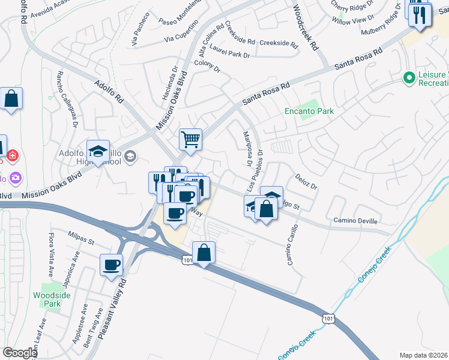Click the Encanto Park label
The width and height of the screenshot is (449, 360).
click(309, 111)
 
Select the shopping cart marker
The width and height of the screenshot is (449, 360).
click(190, 139)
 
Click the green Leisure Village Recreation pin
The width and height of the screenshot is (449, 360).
click(409, 77)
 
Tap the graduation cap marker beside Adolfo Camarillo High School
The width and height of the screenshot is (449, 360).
click(98, 151)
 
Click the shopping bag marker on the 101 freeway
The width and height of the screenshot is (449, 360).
click(204, 253)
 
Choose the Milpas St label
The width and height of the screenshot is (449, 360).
click(82, 238)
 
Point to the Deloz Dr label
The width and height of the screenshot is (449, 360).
click(306, 182)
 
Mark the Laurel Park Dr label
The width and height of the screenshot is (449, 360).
click(230, 55)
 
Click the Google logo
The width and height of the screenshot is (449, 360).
click(20, 353)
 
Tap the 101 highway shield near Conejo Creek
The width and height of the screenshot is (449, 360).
click(328, 316)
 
